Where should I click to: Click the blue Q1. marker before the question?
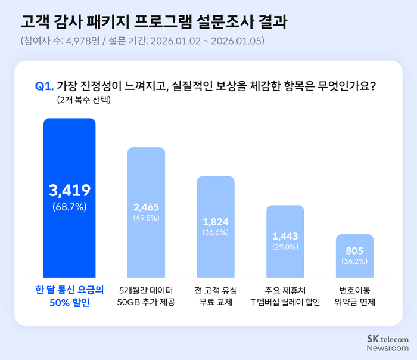[x=45, y=86]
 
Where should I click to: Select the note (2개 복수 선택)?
[x=84, y=100]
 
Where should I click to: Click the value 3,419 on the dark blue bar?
[x=69, y=191]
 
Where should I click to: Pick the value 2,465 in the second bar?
[x=147, y=208]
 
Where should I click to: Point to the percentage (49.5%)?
[x=147, y=219]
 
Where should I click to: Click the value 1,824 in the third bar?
[x=216, y=222]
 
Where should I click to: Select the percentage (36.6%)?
[x=216, y=232]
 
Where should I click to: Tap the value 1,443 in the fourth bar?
[x=285, y=236]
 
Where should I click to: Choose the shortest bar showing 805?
[x=354, y=255]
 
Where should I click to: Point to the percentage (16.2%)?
[x=354, y=262]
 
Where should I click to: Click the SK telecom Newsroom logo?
[x=387, y=343]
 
